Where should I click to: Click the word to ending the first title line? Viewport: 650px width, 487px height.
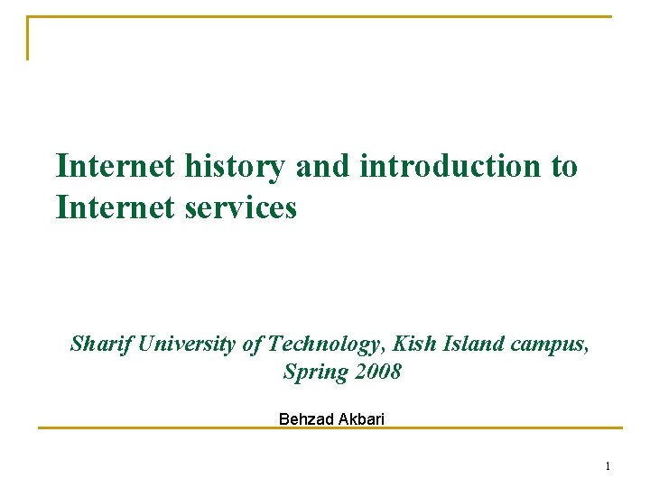tap(561, 167)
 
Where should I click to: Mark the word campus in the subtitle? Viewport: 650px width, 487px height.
tap(550, 345)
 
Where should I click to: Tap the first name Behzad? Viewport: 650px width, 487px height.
tap(305, 419)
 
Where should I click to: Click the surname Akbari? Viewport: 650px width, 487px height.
tap(360, 419)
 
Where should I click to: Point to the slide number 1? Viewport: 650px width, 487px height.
tap(608, 466)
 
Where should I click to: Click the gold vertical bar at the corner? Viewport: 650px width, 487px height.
tap(27, 39)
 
